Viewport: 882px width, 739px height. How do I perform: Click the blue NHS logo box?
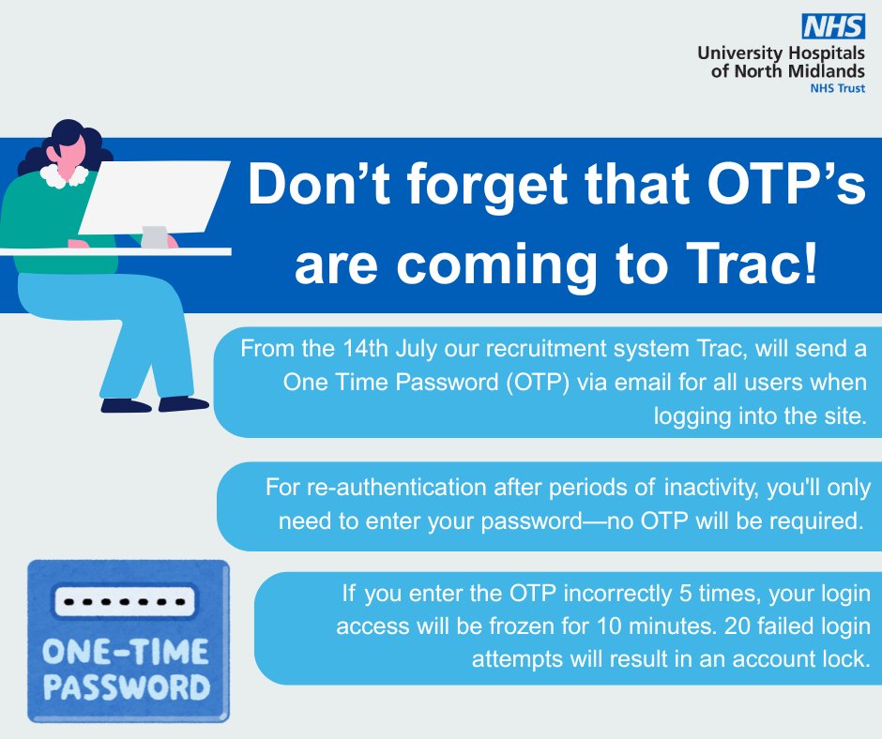pyautogui.click(x=833, y=27)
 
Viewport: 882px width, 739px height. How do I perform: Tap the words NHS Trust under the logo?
pyautogui.click(x=837, y=88)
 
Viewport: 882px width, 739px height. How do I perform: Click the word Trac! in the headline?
pyautogui.click(x=751, y=264)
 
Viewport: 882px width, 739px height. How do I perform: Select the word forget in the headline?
pyautogui.click(x=487, y=186)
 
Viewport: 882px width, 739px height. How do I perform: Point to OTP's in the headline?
pyautogui.click(x=785, y=184)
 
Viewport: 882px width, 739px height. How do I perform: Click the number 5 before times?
pyautogui.click(x=685, y=594)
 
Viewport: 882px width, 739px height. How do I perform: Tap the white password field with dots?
pyautogui.click(x=124, y=602)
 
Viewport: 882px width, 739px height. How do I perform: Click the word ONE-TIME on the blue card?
pyautogui.click(x=126, y=652)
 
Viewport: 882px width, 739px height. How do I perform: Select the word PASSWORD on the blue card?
pyautogui.click(x=127, y=686)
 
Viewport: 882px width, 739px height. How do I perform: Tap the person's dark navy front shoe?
pyautogui.click(x=183, y=403)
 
